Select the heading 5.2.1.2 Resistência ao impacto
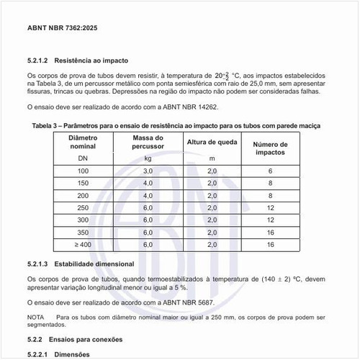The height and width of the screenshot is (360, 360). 78,61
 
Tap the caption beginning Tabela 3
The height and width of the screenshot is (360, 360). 176,125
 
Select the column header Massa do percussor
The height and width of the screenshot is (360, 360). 148,141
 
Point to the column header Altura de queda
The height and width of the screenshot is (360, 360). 212,141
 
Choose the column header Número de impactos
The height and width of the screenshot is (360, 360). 270,148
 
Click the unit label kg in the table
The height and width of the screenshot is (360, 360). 148,157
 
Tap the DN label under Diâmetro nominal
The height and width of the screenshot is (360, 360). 84,157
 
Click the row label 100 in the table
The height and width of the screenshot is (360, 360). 84,171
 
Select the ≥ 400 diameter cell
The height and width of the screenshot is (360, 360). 84,245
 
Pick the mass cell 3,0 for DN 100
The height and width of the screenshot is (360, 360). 148,171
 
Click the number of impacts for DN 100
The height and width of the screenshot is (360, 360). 270,171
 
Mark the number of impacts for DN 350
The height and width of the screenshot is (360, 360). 270,232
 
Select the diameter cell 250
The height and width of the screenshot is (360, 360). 84,207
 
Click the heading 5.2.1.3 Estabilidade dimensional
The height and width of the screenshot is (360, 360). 84,265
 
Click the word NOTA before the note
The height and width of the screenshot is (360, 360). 35,318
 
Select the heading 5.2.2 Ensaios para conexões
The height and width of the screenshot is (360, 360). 75,339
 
